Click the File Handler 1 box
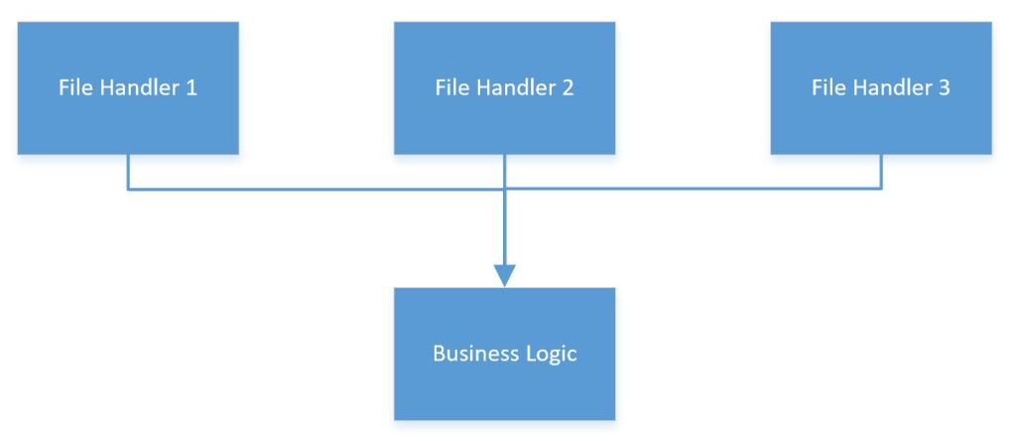point(128,87)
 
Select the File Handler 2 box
point(504,87)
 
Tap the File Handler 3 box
point(881,87)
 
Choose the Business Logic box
point(504,354)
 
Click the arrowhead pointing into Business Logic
point(505,275)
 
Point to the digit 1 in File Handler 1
point(191,87)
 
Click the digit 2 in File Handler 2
point(568,87)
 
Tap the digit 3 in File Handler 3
point(945,87)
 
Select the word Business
point(469,354)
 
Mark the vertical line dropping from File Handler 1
point(128,171)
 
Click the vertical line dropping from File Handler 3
point(881,171)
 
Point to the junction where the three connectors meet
point(505,188)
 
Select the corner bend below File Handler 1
point(128,188)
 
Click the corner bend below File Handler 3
point(881,188)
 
